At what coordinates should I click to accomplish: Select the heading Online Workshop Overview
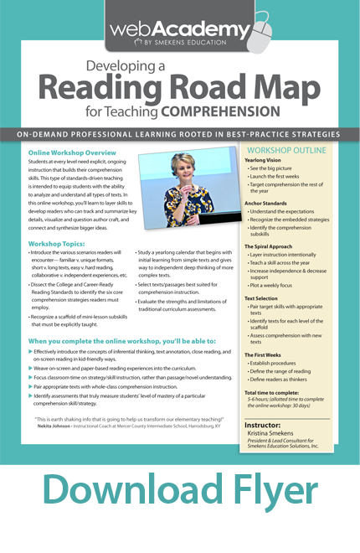pos(71,154)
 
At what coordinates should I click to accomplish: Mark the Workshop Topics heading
pos(59,243)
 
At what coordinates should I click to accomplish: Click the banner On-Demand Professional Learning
pos(180,133)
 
